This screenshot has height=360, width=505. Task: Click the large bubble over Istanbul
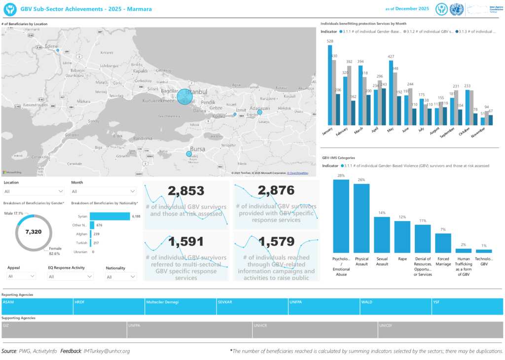click(x=184, y=97)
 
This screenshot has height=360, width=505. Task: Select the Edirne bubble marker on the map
click(x=58, y=50)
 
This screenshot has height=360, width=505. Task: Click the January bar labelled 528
click(x=330, y=85)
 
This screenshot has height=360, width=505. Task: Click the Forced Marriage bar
click(x=443, y=243)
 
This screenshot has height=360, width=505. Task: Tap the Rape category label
click(x=402, y=259)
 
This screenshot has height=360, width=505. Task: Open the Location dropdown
click(x=34, y=191)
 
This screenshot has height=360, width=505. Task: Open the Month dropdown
click(x=104, y=191)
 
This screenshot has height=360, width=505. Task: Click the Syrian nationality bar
click(x=109, y=216)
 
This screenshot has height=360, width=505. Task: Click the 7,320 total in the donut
click(x=34, y=232)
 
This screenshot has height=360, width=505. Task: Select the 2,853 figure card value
click(x=186, y=191)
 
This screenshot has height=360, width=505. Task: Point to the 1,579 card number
click(x=276, y=242)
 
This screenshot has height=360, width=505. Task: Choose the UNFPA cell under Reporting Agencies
click(x=324, y=306)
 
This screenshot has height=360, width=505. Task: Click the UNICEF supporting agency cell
click(x=440, y=330)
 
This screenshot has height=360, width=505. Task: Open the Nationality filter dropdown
click(x=121, y=277)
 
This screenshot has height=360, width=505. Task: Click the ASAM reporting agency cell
click(x=37, y=306)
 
